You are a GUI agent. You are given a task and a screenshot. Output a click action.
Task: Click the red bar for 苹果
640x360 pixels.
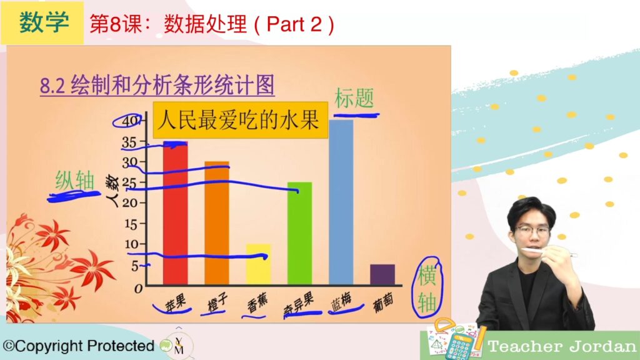tap(176, 213)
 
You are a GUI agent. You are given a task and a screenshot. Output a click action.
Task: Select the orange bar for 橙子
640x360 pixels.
tap(217, 223)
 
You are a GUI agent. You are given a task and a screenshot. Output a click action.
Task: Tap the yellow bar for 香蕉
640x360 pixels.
tap(258, 264)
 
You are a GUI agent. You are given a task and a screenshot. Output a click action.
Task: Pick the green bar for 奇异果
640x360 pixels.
tap(299, 233)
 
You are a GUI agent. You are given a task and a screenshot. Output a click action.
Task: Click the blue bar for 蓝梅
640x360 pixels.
tap(341, 202)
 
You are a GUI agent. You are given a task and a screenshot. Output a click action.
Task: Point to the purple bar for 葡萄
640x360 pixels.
tap(382, 274)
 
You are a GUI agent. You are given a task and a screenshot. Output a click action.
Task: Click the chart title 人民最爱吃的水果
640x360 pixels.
tap(240, 120)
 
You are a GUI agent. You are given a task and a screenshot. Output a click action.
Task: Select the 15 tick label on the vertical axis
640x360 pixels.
tap(131, 224)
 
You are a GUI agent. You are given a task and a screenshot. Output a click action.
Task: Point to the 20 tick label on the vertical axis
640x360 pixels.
tap(130, 203)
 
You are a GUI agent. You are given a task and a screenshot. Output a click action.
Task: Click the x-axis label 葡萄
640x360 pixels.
tap(383, 302)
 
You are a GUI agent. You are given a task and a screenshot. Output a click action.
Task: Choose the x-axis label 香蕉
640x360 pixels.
tap(257, 303)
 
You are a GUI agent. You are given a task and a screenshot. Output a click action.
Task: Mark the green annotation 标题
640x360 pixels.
tap(354, 99)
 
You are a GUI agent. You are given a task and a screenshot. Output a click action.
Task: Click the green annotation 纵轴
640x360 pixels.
tap(75, 181)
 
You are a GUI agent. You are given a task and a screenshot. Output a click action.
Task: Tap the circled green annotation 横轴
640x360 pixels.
tap(427, 288)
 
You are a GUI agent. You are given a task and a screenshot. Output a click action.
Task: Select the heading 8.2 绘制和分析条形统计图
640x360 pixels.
tap(157, 85)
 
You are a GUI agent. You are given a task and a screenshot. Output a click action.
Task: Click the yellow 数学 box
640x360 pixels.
tap(42, 23)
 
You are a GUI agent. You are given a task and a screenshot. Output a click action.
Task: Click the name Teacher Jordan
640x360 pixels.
tap(562, 347)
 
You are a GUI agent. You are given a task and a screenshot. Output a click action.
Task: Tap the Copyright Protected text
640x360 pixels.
tap(78, 346)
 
